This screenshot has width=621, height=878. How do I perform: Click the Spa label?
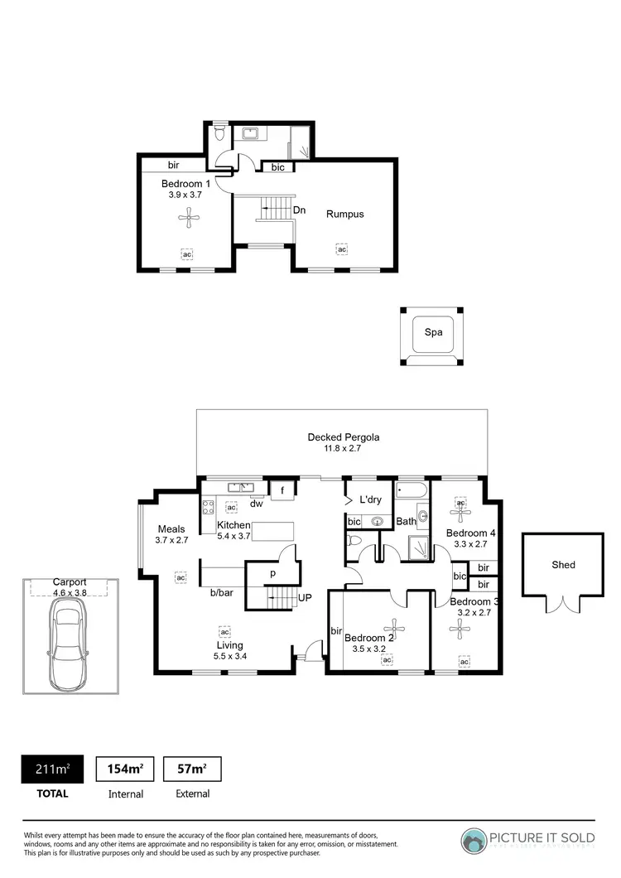pyautogui.click(x=434, y=332)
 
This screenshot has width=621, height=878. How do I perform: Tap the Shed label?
pyautogui.click(x=563, y=565)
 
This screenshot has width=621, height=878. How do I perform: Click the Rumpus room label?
pyautogui.click(x=344, y=214)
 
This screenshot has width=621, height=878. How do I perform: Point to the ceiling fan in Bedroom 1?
pyautogui.click(x=189, y=219)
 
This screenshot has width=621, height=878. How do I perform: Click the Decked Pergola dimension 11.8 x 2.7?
pyautogui.click(x=343, y=448)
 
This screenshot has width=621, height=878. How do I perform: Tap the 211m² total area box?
pyautogui.click(x=51, y=769)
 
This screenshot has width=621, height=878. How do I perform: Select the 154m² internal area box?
pyautogui.click(x=125, y=769)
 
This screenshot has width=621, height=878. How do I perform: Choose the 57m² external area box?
pyautogui.click(x=192, y=769)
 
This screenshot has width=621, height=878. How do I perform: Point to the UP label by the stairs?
pyautogui.click(x=304, y=596)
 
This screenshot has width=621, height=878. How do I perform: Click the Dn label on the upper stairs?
pyautogui.click(x=299, y=210)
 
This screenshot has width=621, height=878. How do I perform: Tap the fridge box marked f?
pyautogui.click(x=282, y=490)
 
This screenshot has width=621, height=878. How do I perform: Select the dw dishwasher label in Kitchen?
pyautogui.click(x=257, y=503)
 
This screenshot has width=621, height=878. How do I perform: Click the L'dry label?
pyautogui.click(x=369, y=500)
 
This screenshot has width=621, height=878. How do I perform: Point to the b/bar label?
pyautogui.click(x=220, y=593)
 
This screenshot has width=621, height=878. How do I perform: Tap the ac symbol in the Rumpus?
pyautogui.click(x=341, y=248)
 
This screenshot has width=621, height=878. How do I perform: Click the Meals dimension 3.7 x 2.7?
pyautogui.click(x=172, y=540)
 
